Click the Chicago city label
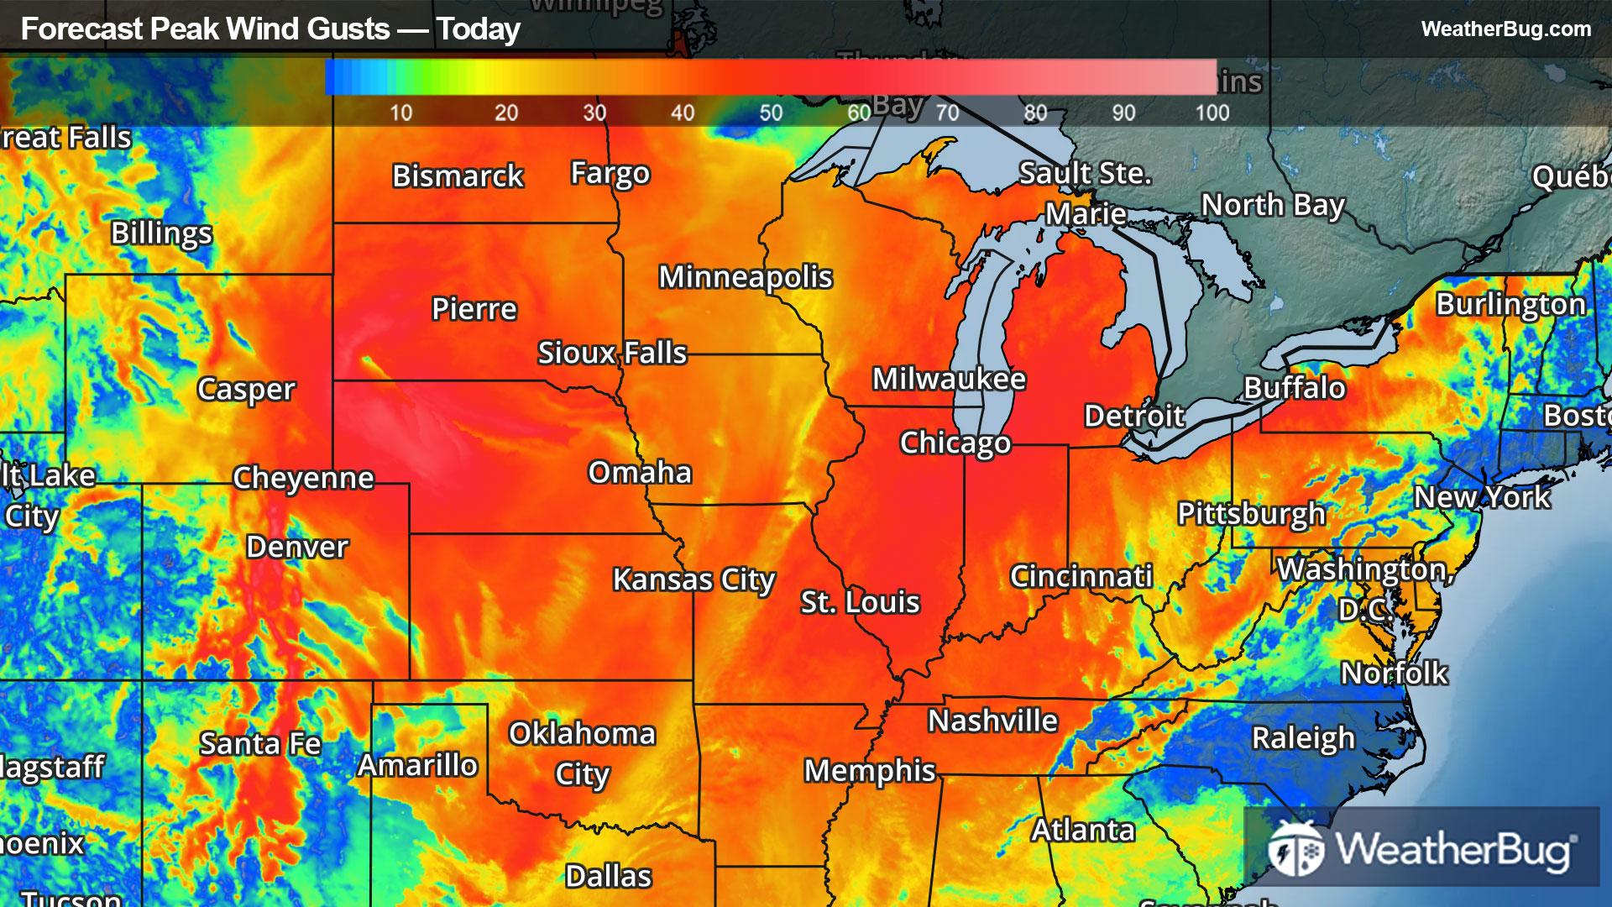click(955, 443)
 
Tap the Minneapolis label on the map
click(745, 277)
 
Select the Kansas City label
click(693, 579)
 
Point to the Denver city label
click(296, 547)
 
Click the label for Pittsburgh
click(1251, 513)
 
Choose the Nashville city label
click(992, 721)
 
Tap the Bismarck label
click(458, 176)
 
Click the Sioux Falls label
click(612, 353)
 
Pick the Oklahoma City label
click(582, 753)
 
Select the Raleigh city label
click(1303, 738)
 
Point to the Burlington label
click(1510, 304)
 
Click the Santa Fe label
click(260, 743)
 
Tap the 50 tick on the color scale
click(771, 113)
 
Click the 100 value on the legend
click(1212, 113)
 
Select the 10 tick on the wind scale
click(400, 113)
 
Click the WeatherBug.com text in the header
click(1505, 29)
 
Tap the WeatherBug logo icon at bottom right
click(1296, 848)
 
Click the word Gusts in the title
click(348, 29)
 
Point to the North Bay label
click(1273, 205)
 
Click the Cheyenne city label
click(303, 478)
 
